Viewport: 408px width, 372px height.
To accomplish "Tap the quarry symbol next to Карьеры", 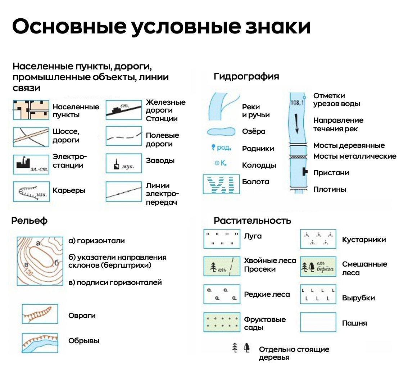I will [x=31, y=191].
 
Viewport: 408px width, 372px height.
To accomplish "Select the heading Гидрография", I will [x=246, y=76].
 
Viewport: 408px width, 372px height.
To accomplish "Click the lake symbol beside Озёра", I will [x=221, y=132].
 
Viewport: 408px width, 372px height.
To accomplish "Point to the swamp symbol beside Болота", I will [x=221, y=184].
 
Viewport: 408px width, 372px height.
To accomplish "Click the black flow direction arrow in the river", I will [x=297, y=124].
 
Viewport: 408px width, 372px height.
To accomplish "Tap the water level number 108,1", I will [x=297, y=103].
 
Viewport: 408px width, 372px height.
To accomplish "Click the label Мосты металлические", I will [x=354, y=156].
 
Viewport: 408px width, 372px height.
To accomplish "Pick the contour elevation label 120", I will [x=29, y=272].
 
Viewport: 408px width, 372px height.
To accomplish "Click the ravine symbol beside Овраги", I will [x=40, y=314].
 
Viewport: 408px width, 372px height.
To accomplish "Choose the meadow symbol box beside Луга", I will [x=221, y=239].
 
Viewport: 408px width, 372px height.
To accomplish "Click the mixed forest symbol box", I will [x=318, y=267].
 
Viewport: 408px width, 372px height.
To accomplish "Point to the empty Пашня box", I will [x=318, y=322].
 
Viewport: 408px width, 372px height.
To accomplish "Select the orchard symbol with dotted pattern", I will [x=221, y=322].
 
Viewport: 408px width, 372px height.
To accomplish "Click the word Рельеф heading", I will [x=30, y=221].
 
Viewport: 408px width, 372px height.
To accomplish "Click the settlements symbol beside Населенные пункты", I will [x=31, y=110].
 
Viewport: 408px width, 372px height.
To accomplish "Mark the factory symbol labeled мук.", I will [x=124, y=164].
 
